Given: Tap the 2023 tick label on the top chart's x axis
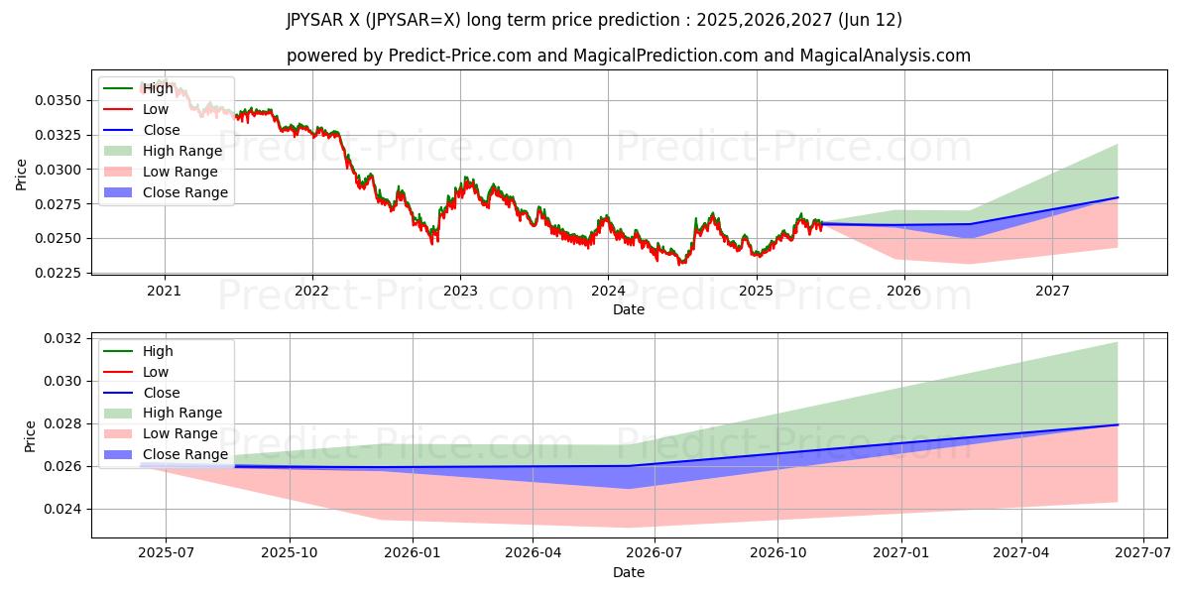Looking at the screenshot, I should (x=460, y=291).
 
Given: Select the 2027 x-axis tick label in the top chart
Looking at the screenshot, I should (x=1052, y=291).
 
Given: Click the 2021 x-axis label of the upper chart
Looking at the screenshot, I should (x=164, y=291).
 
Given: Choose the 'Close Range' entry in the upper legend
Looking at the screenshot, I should (x=184, y=192).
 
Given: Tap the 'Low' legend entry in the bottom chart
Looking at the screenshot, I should (x=156, y=372).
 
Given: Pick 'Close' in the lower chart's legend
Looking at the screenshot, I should (x=162, y=393).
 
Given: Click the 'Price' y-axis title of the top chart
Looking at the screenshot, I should (x=22, y=175).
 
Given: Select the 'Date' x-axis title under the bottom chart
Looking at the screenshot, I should (x=629, y=572).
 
